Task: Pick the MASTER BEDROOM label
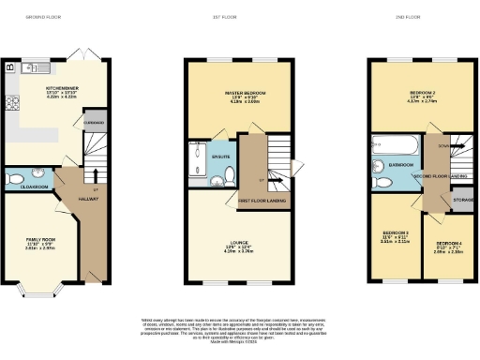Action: (x=244, y=94)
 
